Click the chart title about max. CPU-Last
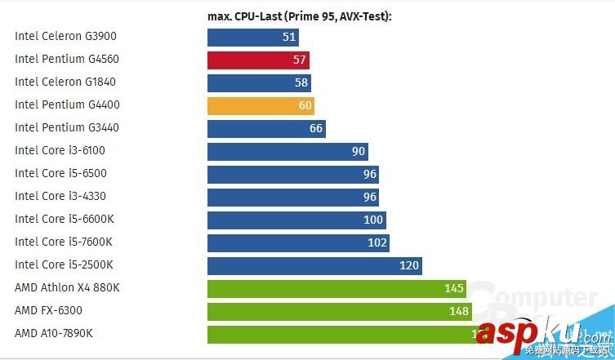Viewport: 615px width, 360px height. (299, 16)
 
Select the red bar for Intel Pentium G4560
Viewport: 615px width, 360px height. (258, 60)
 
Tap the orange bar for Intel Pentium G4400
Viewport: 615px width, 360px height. (261, 105)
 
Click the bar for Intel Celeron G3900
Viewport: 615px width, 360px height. (252, 38)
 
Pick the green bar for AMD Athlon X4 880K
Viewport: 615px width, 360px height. (336, 288)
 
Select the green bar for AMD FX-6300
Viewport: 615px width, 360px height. (339, 311)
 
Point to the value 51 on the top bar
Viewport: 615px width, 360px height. (289, 38)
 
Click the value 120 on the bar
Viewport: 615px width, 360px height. (408, 265)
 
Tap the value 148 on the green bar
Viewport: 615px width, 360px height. (458, 311)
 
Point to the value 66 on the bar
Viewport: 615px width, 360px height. (316, 128)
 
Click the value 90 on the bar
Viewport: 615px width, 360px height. (359, 151)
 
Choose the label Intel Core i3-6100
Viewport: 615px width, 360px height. (60, 150)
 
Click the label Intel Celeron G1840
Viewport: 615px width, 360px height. (64, 82)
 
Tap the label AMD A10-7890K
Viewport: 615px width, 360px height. (54, 333)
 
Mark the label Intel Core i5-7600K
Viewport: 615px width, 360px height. (63, 242)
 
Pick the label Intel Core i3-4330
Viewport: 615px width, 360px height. (60, 196)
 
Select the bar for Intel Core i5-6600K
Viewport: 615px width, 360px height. (296, 220)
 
